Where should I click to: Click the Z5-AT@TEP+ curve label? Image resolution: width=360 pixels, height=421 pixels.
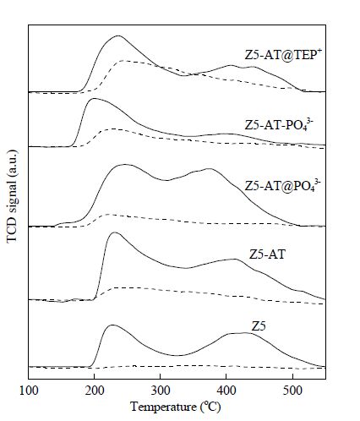click(283, 54)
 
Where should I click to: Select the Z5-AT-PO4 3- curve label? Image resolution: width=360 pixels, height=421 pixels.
click(279, 124)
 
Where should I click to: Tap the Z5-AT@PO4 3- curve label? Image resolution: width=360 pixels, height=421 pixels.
click(282, 185)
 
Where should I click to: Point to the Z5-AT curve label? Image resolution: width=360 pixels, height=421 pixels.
click(267, 254)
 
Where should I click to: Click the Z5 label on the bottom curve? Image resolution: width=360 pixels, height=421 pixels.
click(259, 326)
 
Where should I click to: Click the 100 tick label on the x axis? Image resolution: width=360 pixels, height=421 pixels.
click(29, 391)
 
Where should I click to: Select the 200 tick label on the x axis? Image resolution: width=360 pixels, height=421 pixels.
click(95, 391)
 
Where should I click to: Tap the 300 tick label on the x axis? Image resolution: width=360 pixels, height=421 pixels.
click(161, 391)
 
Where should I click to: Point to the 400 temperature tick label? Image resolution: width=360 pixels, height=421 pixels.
click(226, 391)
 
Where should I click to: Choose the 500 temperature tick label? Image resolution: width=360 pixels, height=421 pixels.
click(292, 391)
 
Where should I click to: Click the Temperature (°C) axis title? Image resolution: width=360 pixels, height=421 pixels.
click(175, 407)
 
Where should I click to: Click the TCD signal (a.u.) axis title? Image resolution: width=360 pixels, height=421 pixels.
click(12, 196)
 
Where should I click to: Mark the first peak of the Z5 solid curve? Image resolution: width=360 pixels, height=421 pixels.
click(112, 325)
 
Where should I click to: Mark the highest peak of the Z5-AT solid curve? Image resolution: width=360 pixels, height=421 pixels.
click(114, 232)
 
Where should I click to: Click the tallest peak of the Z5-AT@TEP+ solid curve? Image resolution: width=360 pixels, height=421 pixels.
click(118, 36)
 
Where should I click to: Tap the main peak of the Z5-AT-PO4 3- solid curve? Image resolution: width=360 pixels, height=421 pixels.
click(94, 98)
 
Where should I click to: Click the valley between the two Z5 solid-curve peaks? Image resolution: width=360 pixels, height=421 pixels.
click(177, 355)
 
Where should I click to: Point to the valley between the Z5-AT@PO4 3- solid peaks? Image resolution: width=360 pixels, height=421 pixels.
click(167, 180)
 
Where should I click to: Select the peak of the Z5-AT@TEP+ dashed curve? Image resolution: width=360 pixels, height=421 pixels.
click(123, 61)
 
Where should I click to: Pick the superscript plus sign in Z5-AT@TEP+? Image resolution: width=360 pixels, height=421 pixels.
click(319, 50)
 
